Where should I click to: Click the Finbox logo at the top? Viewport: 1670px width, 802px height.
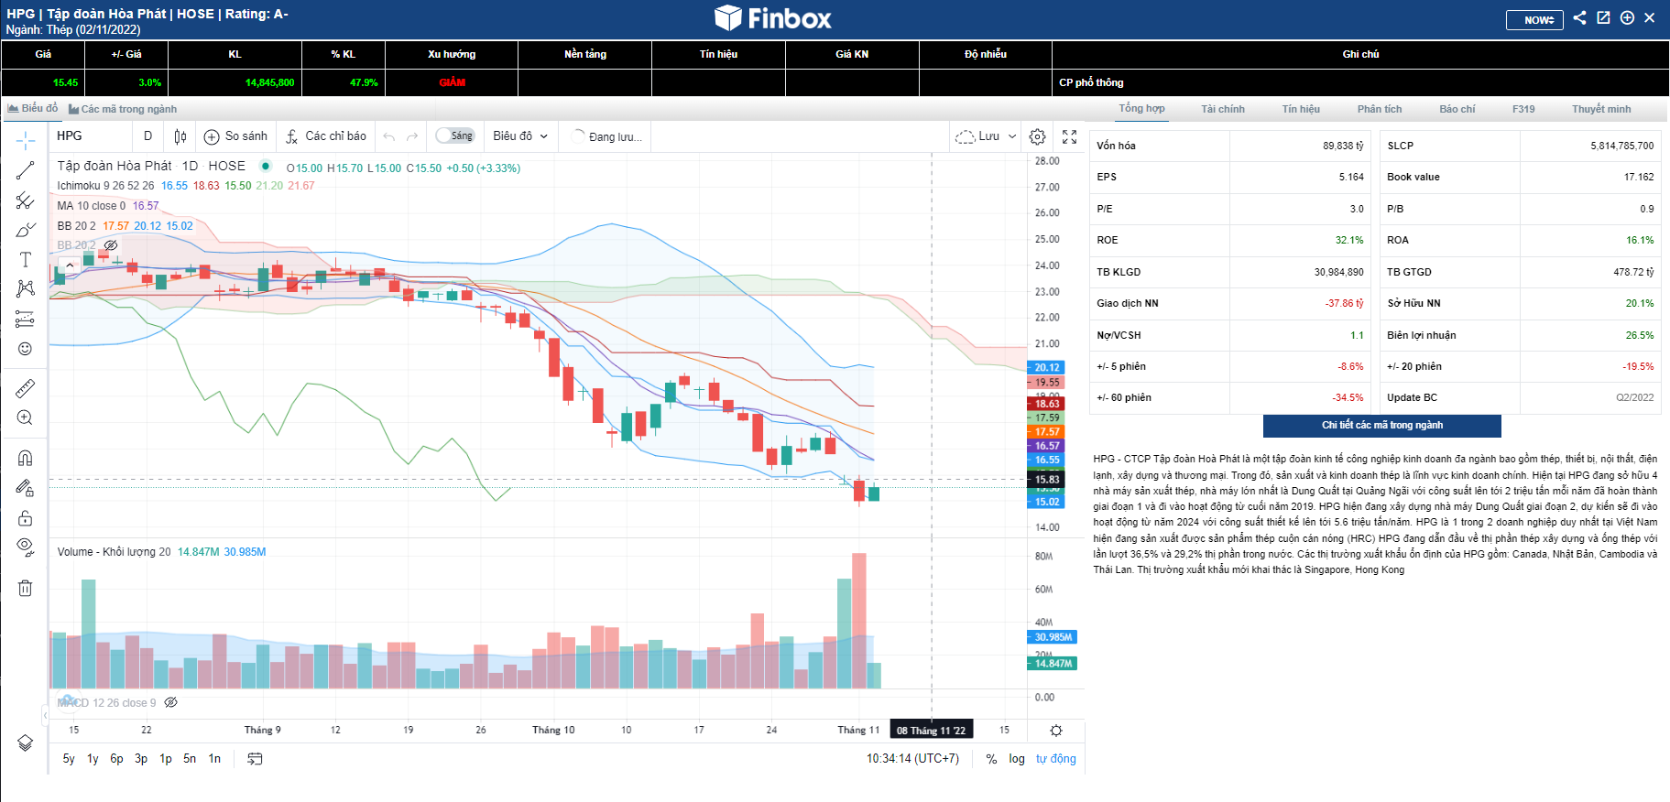coord(773,18)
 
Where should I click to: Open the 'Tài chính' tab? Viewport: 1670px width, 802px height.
coord(1222,109)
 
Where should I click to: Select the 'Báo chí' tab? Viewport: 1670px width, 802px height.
coord(1457,109)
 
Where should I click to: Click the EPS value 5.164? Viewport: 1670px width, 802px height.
coord(1350,178)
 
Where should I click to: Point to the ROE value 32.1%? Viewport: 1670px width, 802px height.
coord(1348,241)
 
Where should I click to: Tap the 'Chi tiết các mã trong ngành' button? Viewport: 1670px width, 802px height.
coord(1381,426)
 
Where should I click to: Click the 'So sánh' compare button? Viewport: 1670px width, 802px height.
coord(236,136)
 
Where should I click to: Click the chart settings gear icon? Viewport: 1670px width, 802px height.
coord(1037,136)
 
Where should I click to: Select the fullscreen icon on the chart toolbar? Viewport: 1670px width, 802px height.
coord(1069,136)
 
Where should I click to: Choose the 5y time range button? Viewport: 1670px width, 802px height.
coord(69,759)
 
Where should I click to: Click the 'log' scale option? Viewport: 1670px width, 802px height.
coord(1017,759)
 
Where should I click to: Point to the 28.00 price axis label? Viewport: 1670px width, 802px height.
coord(1047,161)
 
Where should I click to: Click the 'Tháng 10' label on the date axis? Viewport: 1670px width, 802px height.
coord(553,731)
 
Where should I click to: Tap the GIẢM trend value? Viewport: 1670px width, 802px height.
coord(452,82)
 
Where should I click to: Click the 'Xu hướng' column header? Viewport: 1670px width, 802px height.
coord(452,54)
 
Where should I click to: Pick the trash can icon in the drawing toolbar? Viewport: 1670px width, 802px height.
coord(26,588)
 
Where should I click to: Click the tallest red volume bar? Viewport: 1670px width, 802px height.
coord(858,620)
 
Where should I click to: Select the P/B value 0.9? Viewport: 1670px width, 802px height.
coord(1646,210)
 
